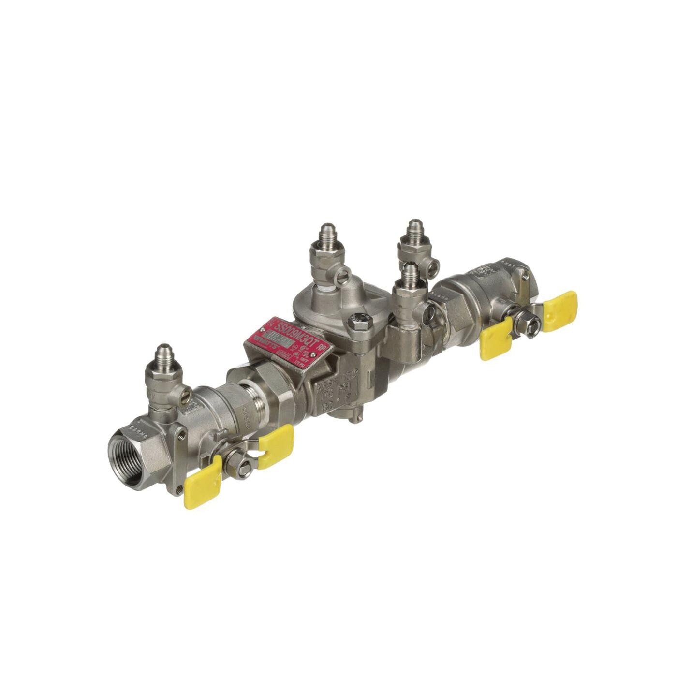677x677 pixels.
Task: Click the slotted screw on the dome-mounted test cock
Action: pyautogui.click(x=345, y=276)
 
